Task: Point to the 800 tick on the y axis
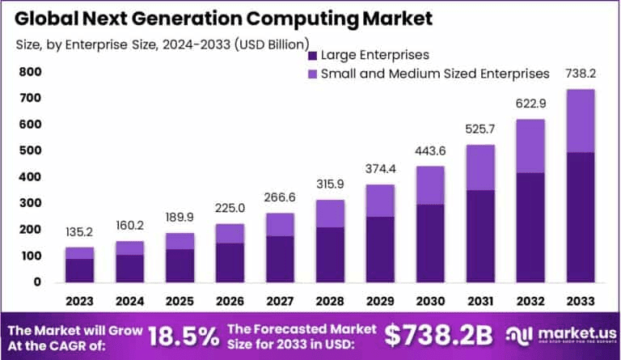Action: pyautogui.click(x=30, y=72)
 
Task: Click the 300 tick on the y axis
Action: pyautogui.click(x=30, y=203)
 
